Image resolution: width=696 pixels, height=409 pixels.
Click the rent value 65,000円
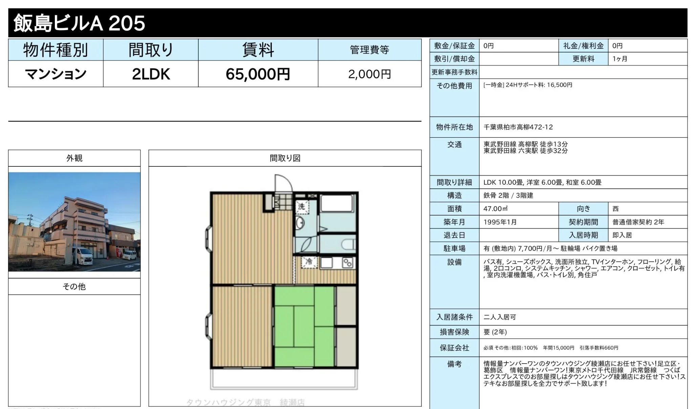258,74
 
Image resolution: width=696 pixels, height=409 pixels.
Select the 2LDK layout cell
151,74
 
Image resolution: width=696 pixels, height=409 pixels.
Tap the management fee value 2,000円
370,74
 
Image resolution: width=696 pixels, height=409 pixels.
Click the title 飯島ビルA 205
79,23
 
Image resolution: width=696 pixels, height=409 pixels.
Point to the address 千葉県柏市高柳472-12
518,127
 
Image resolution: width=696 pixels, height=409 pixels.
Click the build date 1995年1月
500,222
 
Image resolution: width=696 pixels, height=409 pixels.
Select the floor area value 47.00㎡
496,209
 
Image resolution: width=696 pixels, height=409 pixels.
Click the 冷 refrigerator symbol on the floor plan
309,262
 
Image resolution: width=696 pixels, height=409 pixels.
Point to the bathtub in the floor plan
337,203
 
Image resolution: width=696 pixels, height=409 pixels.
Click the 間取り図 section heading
285,158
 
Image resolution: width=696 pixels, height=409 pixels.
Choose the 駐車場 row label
454,248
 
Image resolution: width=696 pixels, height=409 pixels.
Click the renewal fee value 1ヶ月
620,59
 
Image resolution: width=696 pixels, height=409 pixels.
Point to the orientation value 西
615,209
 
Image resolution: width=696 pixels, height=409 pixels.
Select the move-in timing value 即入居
622,235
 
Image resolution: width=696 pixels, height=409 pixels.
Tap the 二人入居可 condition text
500,317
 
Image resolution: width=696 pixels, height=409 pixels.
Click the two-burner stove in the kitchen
348,263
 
